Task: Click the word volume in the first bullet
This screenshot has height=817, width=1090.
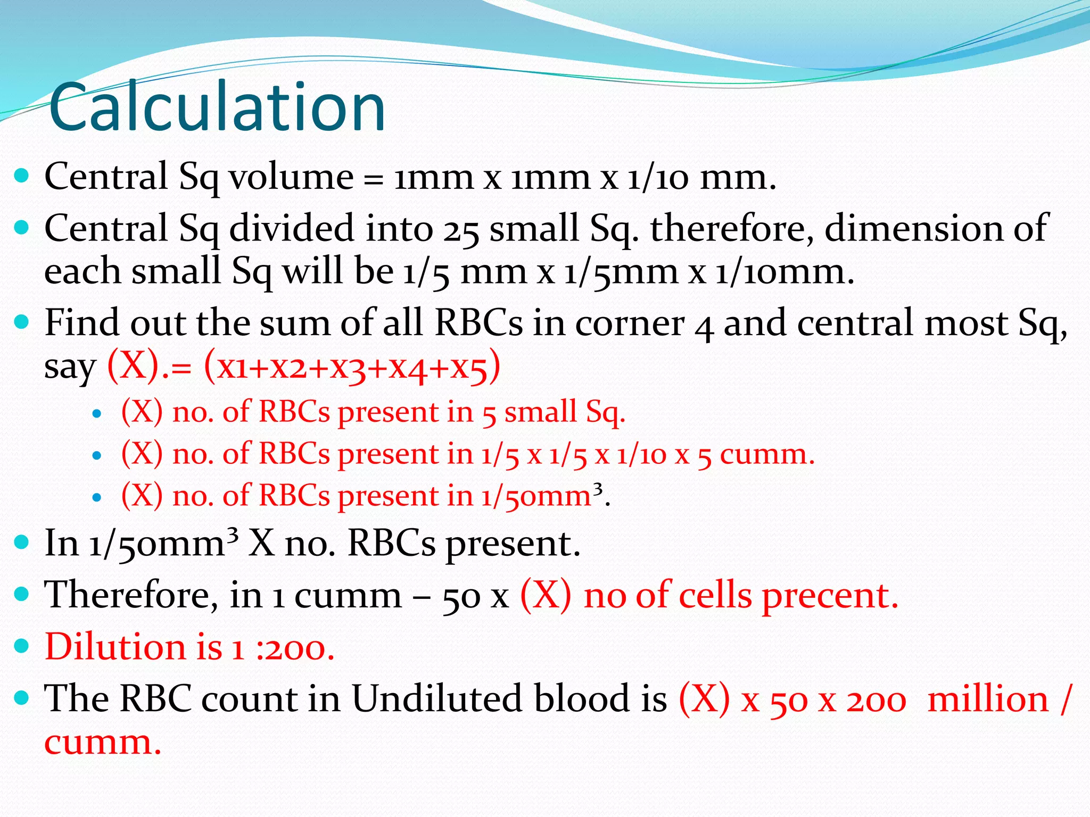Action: tap(291, 177)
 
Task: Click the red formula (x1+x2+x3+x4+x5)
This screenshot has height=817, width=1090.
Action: tap(352, 366)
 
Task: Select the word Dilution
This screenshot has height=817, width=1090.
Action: tap(114, 647)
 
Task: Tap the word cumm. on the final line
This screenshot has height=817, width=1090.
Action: tap(102, 743)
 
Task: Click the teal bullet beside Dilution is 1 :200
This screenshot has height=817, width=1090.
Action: tap(22, 646)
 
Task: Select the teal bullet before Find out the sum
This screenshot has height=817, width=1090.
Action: tap(22, 322)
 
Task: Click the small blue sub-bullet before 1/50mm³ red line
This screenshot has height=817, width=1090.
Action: tap(96, 497)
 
